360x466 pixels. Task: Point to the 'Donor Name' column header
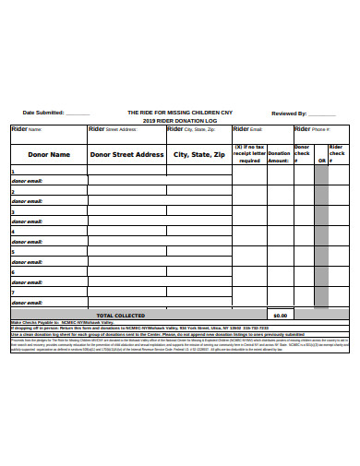[x=48, y=155]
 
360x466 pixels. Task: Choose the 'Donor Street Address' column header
[x=126, y=155]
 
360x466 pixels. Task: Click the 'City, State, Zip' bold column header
[x=198, y=155]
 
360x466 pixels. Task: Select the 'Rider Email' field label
[x=248, y=130]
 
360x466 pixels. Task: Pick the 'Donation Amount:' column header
[x=279, y=154]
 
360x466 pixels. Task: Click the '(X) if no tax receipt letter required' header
[x=249, y=153]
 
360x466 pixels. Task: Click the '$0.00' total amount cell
[x=280, y=315]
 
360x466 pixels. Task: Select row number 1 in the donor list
[x=13, y=173]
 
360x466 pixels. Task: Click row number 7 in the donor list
[x=13, y=293]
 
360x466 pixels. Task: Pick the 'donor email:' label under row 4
[x=28, y=242]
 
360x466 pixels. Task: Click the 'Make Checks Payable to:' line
[x=46, y=322]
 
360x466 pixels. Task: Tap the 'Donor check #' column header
[x=303, y=153]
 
